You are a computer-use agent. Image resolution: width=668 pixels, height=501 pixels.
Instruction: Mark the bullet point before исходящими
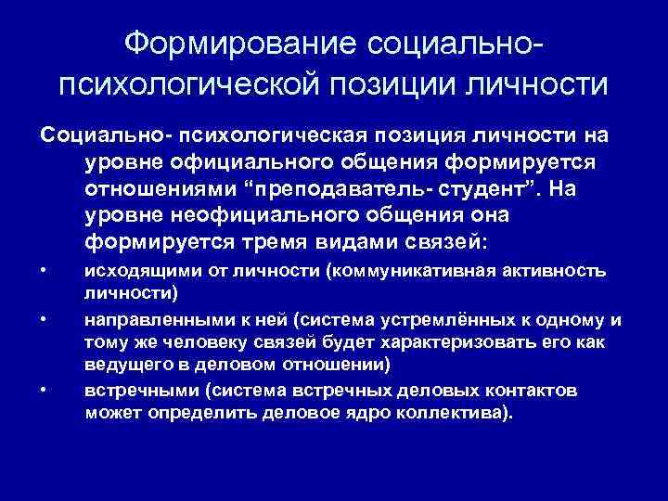pos(44,271)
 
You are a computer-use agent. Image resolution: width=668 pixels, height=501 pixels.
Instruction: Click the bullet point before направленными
pos(44,319)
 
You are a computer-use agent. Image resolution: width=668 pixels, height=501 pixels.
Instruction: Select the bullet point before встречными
pos(44,389)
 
